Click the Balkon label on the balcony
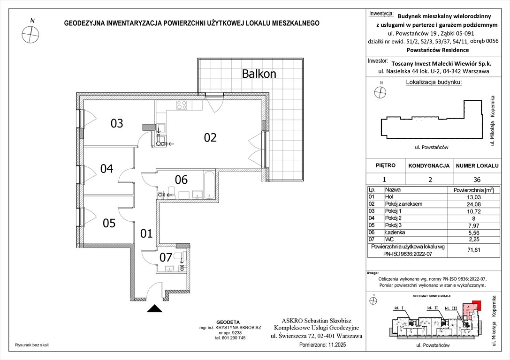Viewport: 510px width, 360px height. pyautogui.click(x=259, y=74)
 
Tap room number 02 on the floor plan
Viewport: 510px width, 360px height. pyautogui.click(x=210, y=137)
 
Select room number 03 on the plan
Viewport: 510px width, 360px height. pyautogui.click(x=117, y=124)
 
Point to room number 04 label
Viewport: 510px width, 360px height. pyautogui.click(x=107, y=169)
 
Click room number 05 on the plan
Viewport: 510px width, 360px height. pyautogui.click(x=109, y=223)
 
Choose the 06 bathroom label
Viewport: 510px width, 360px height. pyautogui.click(x=181, y=180)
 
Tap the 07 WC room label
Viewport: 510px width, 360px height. pyautogui.click(x=166, y=257)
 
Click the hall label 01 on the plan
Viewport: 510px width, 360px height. pyautogui.click(x=147, y=233)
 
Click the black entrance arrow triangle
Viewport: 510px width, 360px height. pyautogui.click(x=153, y=308)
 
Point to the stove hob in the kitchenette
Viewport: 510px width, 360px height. pyautogui.click(x=181, y=105)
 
